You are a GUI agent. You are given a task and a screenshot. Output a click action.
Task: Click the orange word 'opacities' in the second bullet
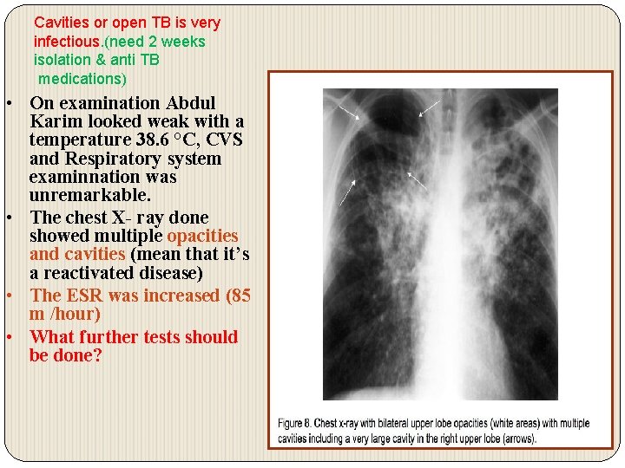(x=202, y=236)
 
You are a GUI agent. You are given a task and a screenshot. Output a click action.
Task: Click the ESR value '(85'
(x=238, y=296)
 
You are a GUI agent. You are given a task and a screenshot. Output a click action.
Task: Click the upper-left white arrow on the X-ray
(x=351, y=112)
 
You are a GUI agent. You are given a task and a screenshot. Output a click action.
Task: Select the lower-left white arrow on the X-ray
(x=347, y=192)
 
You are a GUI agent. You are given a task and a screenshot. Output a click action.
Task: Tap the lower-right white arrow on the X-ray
(x=418, y=180)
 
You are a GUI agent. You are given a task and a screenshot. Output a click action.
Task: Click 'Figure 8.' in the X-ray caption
(x=298, y=424)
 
